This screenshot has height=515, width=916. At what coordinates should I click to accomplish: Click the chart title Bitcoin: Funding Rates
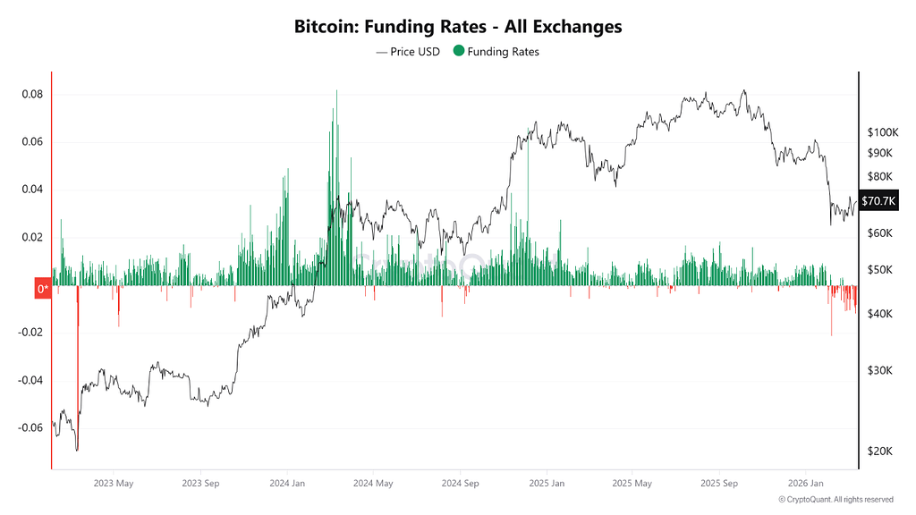[390, 27]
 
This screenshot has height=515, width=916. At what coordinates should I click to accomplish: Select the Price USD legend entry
[408, 52]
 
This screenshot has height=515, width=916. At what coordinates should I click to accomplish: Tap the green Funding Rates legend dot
[459, 51]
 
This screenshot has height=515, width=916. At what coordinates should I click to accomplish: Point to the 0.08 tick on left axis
[32, 95]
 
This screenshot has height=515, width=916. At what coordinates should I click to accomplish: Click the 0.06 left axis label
[32, 142]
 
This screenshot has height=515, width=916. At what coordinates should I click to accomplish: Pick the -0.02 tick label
[30, 333]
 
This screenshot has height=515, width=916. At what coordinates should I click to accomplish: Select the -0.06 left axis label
[30, 427]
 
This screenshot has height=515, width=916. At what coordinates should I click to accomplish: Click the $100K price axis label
[883, 132]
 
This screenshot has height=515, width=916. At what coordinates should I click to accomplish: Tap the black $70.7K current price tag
[878, 201]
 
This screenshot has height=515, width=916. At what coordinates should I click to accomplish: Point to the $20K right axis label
[880, 452]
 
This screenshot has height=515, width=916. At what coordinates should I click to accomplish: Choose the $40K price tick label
[880, 314]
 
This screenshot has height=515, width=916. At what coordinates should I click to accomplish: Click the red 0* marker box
[43, 289]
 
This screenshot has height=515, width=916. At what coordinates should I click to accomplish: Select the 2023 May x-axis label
[114, 484]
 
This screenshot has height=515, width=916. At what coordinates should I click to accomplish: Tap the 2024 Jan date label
[287, 484]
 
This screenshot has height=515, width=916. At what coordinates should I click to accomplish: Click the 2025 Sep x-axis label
[719, 484]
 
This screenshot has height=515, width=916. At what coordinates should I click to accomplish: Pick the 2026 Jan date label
[806, 484]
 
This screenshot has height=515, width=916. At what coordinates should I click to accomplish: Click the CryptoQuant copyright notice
[836, 500]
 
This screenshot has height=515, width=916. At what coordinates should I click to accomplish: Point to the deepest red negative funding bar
[78, 367]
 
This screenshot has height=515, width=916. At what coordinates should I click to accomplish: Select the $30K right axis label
[880, 371]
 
